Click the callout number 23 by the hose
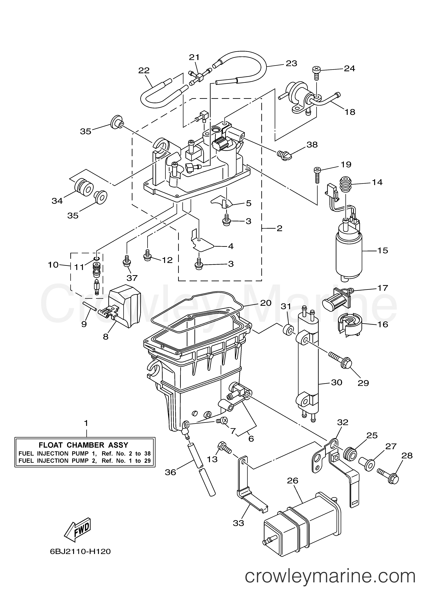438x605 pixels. [x=291, y=63]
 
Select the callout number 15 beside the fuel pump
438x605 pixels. [x=383, y=251]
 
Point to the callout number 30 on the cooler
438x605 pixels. [x=336, y=382]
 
